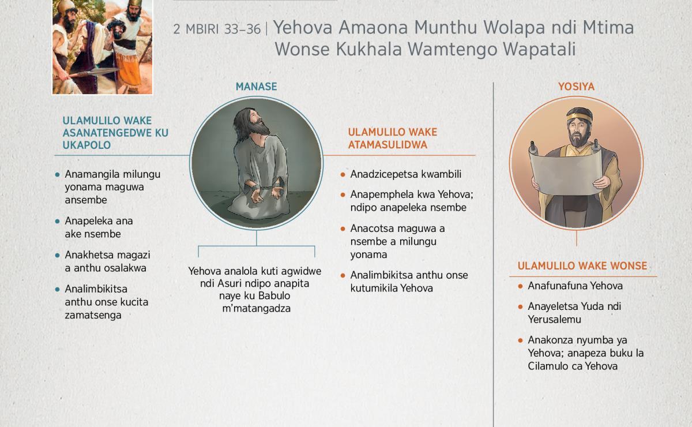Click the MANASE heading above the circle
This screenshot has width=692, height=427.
point(256,87)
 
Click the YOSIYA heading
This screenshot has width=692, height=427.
point(576,87)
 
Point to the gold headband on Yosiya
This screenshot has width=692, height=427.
point(579,117)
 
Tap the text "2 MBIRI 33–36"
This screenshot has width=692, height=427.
point(217,29)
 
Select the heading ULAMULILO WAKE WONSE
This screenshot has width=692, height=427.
point(582,266)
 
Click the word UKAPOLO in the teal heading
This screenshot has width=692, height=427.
point(86,145)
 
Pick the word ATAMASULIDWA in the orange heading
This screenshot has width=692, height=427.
point(388,145)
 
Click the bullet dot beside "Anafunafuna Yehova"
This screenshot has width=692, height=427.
point(520,286)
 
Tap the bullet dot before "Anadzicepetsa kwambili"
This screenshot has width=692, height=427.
point(343,175)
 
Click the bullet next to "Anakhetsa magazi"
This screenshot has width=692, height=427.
point(57,256)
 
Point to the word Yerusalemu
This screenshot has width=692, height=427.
point(554,320)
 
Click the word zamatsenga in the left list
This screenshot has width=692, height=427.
point(93,315)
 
